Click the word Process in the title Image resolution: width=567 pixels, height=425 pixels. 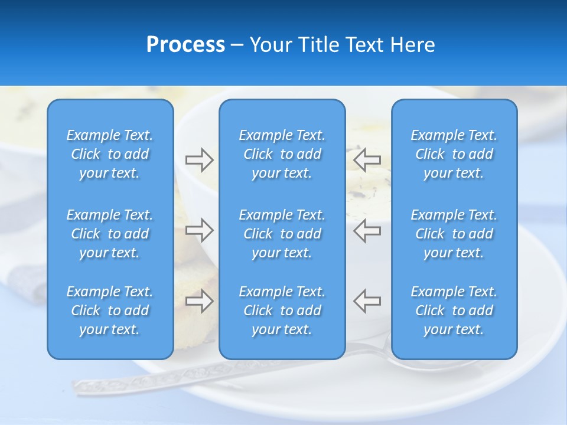click(185, 45)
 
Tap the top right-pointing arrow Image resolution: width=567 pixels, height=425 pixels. click(199, 159)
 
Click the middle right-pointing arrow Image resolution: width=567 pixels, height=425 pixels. click(199, 230)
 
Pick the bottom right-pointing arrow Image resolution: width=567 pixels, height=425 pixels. click(199, 301)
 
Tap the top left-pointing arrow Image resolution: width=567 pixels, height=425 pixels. click(367, 159)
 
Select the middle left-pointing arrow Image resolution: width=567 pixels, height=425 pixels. click(367, 230)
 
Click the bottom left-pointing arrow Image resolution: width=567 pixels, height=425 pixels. click(367, 301)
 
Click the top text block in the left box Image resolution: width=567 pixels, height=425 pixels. click(110, 154)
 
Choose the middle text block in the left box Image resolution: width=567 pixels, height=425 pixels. click(110, 234)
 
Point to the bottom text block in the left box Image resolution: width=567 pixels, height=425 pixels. click(110, 310)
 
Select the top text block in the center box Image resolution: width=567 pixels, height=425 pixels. click(282, 154)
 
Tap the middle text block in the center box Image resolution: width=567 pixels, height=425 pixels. click(282, 234)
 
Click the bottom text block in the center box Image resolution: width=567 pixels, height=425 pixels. click(282, 310)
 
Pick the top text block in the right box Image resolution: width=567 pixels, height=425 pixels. click(454, 154)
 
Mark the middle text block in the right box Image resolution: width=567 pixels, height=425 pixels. click(454, 234)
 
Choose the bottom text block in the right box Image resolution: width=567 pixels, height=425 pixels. click(454, 310)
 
